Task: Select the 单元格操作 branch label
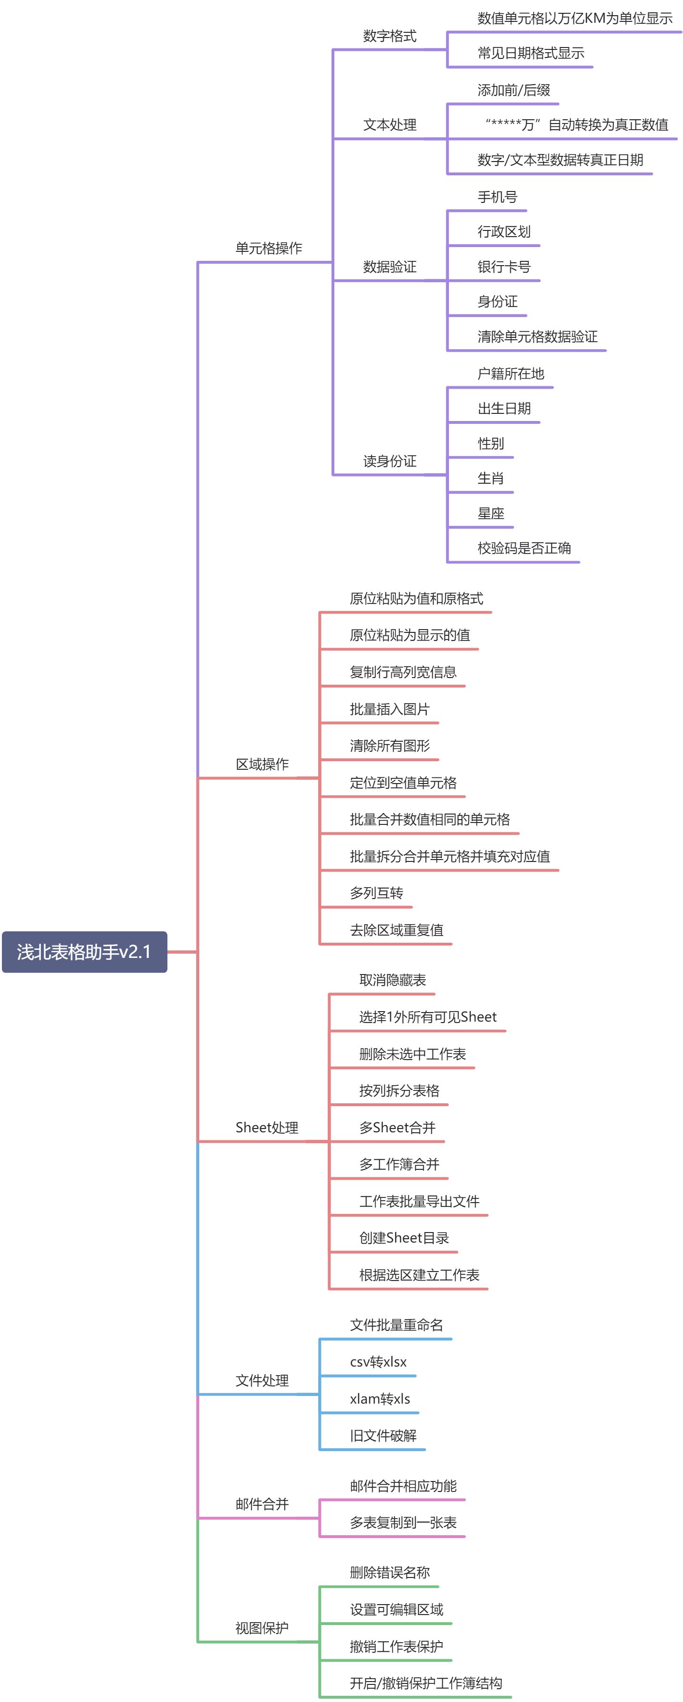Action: coord(268,248)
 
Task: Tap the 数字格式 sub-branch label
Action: coord(390,36)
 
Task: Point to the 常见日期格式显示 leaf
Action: coord(530,53)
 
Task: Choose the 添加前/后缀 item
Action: coord(514,90)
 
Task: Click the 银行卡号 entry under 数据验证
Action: coord(504,266)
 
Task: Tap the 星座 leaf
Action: coord(490,513)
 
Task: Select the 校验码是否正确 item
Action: coord(524,548)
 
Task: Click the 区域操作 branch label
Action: coord(262,764)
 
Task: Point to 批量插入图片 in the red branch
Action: coord(390,709)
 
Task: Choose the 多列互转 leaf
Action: coord(376,893)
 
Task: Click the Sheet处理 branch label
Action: coord(266,1127)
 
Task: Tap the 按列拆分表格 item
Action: coord(399,1090)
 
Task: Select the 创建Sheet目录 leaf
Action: coord(403,1237)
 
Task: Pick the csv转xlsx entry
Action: coord(378,1362)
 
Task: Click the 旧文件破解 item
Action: coord(383,1435)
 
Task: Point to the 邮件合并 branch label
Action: coord(262,1504)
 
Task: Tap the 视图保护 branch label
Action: coord(262,1627)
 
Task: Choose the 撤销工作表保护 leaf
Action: coord(396,1646)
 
